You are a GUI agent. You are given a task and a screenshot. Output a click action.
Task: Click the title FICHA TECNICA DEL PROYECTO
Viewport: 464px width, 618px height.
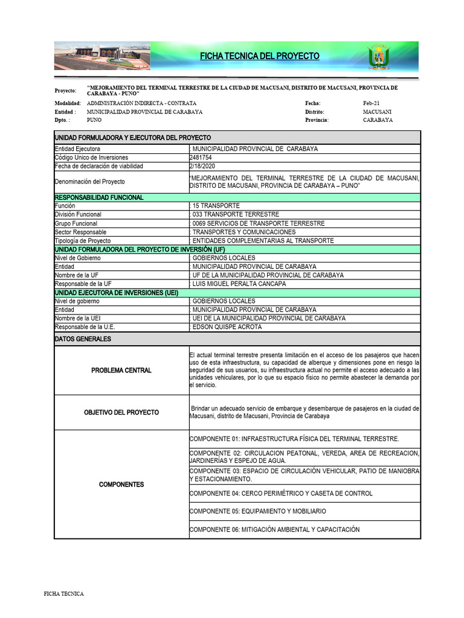pos(260,56)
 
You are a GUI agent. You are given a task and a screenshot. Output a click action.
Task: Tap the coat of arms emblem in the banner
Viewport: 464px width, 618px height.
pos(379,57)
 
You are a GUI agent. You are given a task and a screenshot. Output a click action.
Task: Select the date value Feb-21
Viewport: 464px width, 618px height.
pos(372,103)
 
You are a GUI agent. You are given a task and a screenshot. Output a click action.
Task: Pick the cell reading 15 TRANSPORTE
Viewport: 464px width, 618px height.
pos(216,206)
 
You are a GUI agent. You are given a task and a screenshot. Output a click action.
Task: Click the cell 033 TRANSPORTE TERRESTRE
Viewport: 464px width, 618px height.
pos(235,214)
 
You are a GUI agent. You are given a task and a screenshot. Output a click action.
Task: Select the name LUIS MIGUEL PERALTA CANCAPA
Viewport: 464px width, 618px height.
pos(239,284)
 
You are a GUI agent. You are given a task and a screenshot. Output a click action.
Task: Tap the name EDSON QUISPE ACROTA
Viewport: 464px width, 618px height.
pos(227,327)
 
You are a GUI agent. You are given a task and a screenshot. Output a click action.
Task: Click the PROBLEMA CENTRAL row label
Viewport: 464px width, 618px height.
pos(121,370)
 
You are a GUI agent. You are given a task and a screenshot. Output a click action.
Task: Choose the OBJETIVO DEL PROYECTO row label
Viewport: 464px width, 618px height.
pos(121,412)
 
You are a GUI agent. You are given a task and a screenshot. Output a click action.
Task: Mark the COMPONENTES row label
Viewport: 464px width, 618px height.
pos(121,485)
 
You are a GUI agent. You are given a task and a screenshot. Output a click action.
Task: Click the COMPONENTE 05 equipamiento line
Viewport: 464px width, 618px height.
pos(258,511)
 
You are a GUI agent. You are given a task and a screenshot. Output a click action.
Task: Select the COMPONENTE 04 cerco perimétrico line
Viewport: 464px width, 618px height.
pos(281,493)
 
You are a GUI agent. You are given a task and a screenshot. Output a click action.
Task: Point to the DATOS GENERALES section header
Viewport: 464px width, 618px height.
pos(83,339)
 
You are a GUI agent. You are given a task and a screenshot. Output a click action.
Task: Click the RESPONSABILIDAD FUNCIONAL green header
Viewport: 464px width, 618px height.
pos(99,197)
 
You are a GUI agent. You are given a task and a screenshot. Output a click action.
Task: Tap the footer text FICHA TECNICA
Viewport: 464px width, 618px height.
pos(64,594)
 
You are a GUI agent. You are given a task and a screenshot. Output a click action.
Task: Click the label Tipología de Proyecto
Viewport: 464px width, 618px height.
pos(83,240)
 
